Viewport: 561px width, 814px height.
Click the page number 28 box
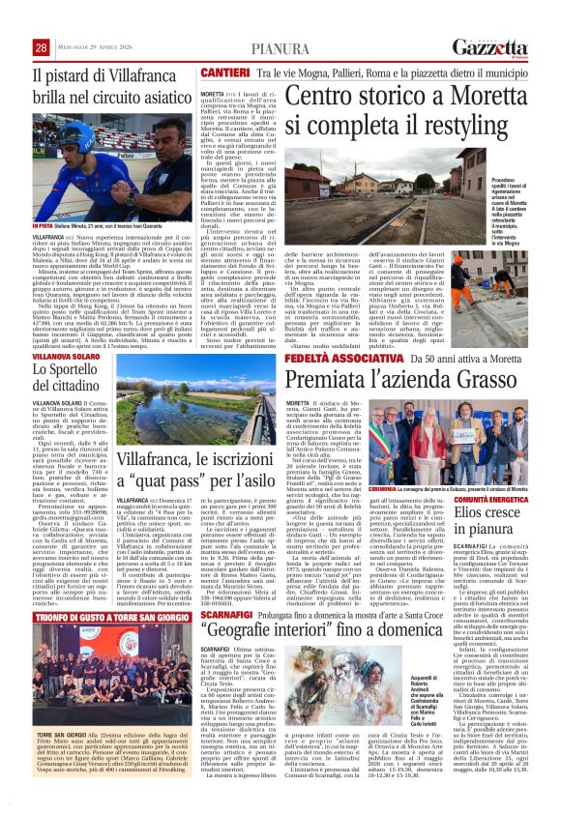pos(42,48)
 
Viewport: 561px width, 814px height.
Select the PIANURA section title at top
pos(280,49)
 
